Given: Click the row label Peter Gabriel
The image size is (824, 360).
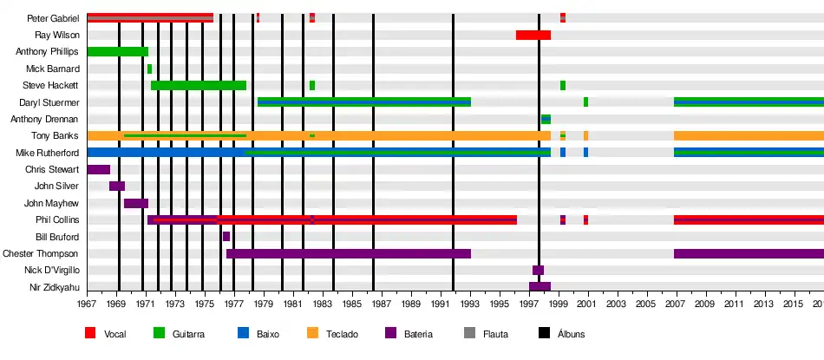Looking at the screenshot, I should click(54, 18).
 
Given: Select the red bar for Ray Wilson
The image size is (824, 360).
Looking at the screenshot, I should click(533, 36).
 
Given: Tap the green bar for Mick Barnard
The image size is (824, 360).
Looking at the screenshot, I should click(149, 69).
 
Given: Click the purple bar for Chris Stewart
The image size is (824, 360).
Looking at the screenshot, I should click(98, 169).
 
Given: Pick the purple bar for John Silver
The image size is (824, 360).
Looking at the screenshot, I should click(117, 186).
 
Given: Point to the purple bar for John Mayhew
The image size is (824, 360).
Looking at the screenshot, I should click(136, 203).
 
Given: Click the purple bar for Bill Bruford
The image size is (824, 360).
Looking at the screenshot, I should click(226, 237).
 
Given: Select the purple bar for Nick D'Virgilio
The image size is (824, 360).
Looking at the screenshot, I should click(538, 271).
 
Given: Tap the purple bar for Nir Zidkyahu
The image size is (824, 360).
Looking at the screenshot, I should click(540, 287).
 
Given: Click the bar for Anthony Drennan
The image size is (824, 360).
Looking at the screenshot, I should click(546, 119).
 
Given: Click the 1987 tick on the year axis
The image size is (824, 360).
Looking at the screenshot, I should click(381, 304).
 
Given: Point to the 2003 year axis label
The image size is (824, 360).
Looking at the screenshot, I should click(616, 304).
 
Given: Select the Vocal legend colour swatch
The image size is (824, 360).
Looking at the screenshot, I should click(90, 333).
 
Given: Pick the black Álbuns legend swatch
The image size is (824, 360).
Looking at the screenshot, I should click(545, 333).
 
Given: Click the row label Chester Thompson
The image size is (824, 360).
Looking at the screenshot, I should click(41, 254).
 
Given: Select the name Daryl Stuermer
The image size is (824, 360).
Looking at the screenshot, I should click(49, 102).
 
